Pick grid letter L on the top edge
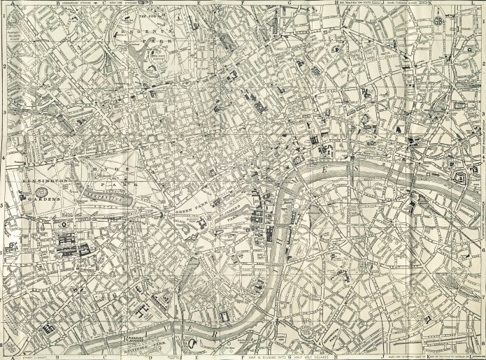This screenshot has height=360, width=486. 473,3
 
